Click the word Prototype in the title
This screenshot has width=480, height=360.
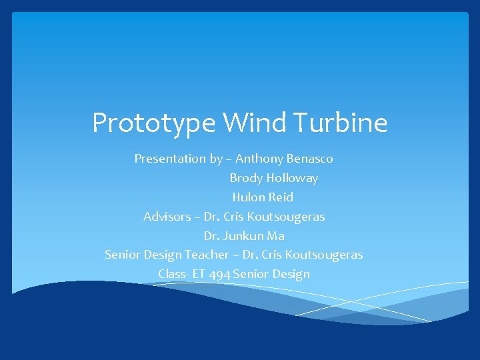154,123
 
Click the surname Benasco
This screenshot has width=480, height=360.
310,159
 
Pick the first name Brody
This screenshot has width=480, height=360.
246,178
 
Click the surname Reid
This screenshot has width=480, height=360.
281,197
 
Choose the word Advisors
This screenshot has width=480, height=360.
167,217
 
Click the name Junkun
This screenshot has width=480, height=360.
243,236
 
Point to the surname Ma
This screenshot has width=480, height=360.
276,236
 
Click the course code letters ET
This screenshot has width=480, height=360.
199,274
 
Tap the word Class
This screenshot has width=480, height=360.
172,274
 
